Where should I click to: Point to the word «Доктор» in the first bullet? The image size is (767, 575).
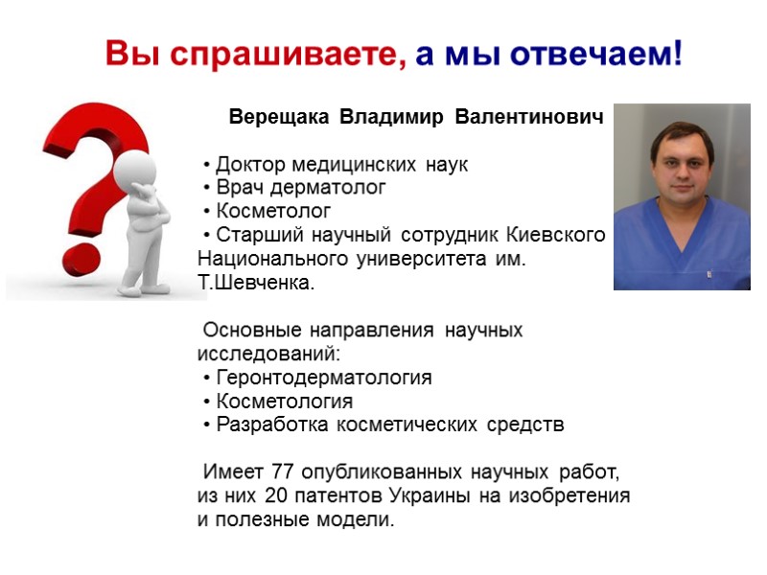coord(250,164)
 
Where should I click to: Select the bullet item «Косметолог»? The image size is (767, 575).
coord(273,211)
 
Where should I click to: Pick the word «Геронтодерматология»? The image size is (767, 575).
coord(323,378)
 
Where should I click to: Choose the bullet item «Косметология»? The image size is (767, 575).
coord(284,402)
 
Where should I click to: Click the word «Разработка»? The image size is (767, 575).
coord(267,425)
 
